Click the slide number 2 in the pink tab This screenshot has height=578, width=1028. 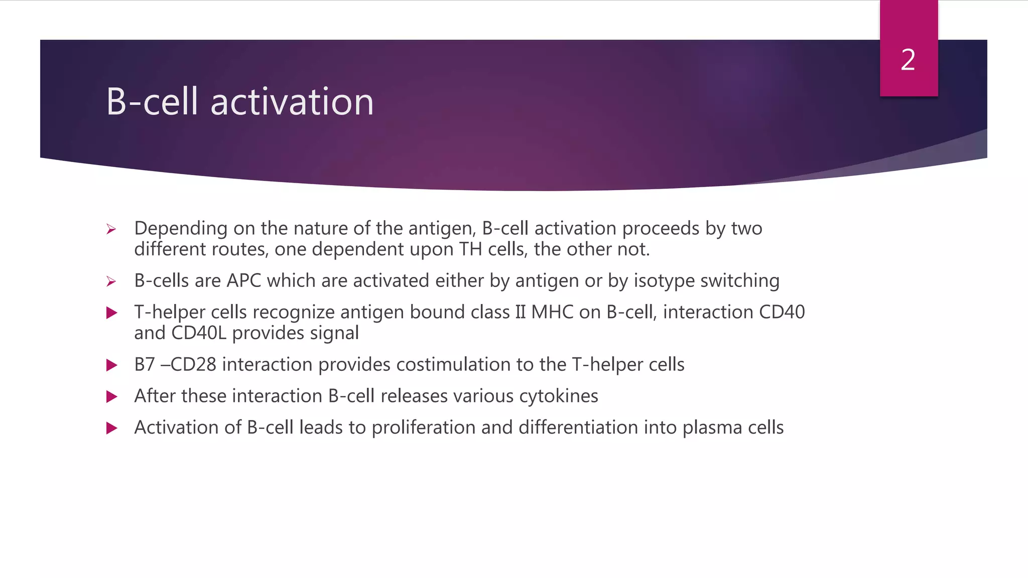(x=908, y=60)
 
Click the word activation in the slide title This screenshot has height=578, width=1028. (x=292, y=102)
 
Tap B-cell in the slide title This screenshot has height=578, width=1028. (x=152, y=102)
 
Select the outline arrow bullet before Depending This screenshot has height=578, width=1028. (x=111, y=230)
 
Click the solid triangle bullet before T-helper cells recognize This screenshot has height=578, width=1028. (x=111, y=313)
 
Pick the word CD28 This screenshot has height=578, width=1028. (x=193, y=365)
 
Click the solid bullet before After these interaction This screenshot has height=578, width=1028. (x=111, y=397)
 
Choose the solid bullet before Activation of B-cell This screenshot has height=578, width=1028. (x=111, y=428)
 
